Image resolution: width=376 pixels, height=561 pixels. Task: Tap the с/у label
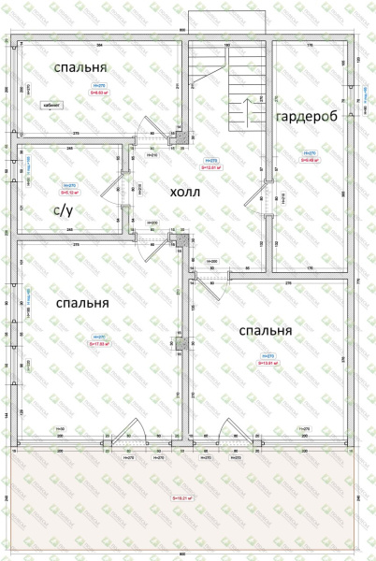[62, 211]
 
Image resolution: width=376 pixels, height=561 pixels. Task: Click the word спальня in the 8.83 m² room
[80, 68]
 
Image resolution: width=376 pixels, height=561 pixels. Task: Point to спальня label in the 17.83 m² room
[82, 304]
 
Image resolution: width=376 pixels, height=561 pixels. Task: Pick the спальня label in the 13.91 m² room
[266, 331]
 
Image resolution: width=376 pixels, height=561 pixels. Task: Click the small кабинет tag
[51, 107]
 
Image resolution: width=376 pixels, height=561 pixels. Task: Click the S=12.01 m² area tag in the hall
[212, 167]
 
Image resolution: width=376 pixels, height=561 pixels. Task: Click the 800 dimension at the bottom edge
[181, 554]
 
